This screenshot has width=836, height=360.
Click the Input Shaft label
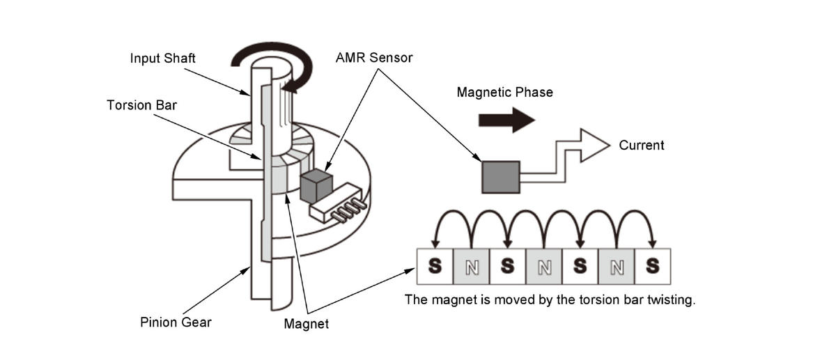[x=163, y=58]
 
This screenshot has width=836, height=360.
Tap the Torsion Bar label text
[x=142, y=105]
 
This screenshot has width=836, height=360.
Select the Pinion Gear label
[x=176, y=322]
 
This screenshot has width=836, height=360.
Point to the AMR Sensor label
[x=374, y=58]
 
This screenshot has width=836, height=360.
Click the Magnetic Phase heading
[x=505, y=93]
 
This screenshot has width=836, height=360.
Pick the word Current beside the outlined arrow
[x=642, y=145]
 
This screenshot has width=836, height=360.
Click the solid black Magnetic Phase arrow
[x=507, y=120]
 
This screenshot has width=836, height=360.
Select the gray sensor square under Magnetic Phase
[x=501, y=177]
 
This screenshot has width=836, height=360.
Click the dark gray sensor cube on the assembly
[x=316, y=186]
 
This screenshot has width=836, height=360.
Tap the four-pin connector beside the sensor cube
[x=338, y=203]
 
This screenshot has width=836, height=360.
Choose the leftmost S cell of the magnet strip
[x=435, y=267]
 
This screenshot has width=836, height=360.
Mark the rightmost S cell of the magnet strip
[x=652, y=267]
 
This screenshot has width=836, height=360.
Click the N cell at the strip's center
[x=544, y=267]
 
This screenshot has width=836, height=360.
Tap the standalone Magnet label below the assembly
[x=307, y=324]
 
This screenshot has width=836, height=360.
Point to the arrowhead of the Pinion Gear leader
[x=245, y=270]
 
